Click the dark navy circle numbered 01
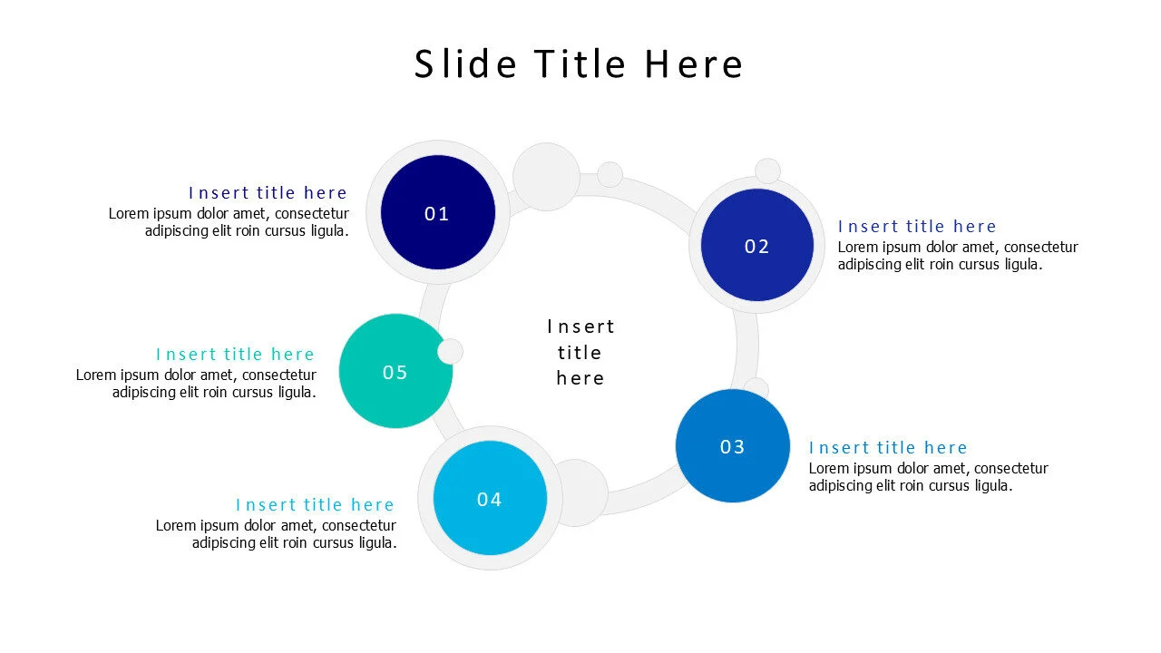[438, 212]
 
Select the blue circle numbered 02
[756, 245]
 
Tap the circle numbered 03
[732, 445]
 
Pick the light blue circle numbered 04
[490, 498]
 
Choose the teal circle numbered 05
[395, 371]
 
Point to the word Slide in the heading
[465, 64]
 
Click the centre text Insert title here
[580, 352]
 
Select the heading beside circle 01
[268, 192]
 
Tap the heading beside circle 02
[917, 226]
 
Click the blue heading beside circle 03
[888, 447]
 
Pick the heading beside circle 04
[315, 504]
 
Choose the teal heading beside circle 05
[235, 354]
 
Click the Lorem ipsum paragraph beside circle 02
[957, 256]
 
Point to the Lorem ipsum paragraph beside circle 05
[196, 383]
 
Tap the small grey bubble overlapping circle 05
[450, 352]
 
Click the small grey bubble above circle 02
[767, 171]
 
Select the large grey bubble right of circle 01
[546, 176]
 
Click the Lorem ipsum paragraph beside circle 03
[928, 477]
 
